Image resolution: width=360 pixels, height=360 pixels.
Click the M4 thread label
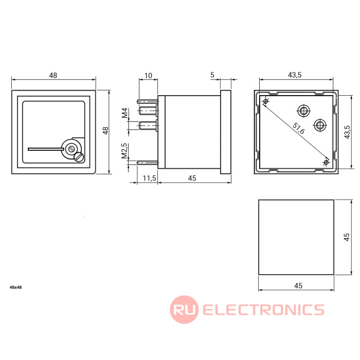pos(124,113)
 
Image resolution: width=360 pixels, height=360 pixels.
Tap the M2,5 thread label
pos(124,151)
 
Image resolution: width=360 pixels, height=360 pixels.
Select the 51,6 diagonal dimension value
pos(298,129)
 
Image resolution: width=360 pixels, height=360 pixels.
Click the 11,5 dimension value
pos(150,178)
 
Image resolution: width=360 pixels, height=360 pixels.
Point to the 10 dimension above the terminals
pos(148,76)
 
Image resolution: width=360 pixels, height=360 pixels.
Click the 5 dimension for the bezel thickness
pos(212,75)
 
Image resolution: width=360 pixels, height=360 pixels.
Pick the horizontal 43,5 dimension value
pos(295,75)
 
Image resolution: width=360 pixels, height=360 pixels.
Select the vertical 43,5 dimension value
pos(347,132)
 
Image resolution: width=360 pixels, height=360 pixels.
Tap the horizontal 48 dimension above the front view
pos(53,75)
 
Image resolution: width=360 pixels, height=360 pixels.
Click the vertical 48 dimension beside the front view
pos(105,131)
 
